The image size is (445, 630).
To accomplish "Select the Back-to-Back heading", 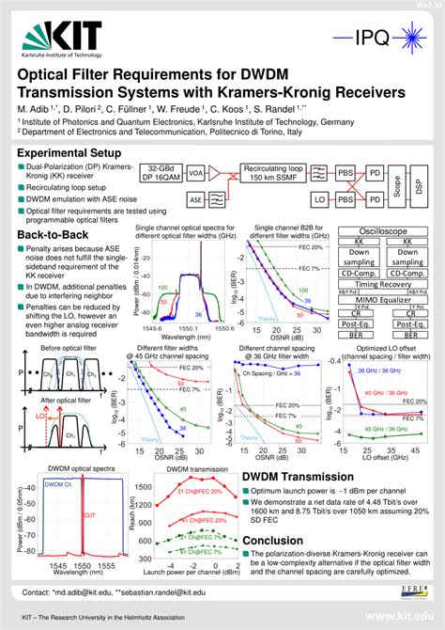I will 53,234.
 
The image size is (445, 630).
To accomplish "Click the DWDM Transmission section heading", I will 299,478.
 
